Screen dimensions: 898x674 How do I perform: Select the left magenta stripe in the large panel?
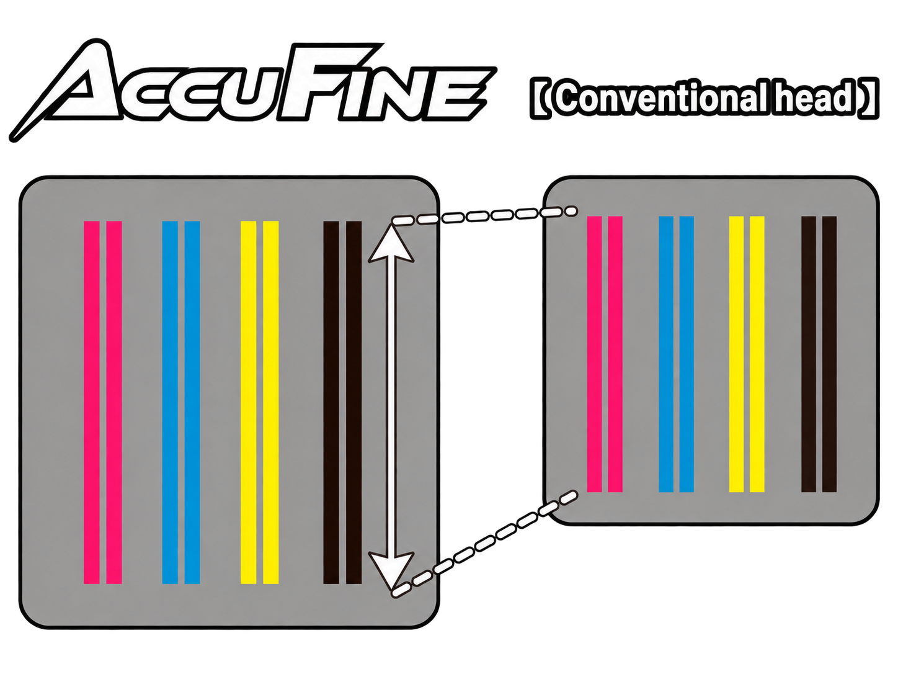click(92, 402)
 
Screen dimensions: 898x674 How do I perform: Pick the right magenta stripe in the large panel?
click(114, 402)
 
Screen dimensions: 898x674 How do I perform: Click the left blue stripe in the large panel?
click(170, 402)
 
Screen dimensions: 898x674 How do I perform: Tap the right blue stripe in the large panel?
click(192, 402)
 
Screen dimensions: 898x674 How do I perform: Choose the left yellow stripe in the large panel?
click(248, 402)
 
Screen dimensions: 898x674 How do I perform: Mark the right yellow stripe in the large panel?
click(271, 402)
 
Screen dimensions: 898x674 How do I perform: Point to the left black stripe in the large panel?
click(331, 402)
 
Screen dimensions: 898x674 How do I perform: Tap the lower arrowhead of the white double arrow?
click(392, 570)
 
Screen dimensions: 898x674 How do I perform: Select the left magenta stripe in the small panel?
click(595, 354)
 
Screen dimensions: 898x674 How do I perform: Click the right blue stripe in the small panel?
click(687, 354)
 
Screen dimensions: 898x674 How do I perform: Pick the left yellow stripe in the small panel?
click(736, 354)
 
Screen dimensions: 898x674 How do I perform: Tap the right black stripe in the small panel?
click(829, 354)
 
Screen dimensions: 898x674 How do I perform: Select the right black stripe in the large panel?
click(354, 402)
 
